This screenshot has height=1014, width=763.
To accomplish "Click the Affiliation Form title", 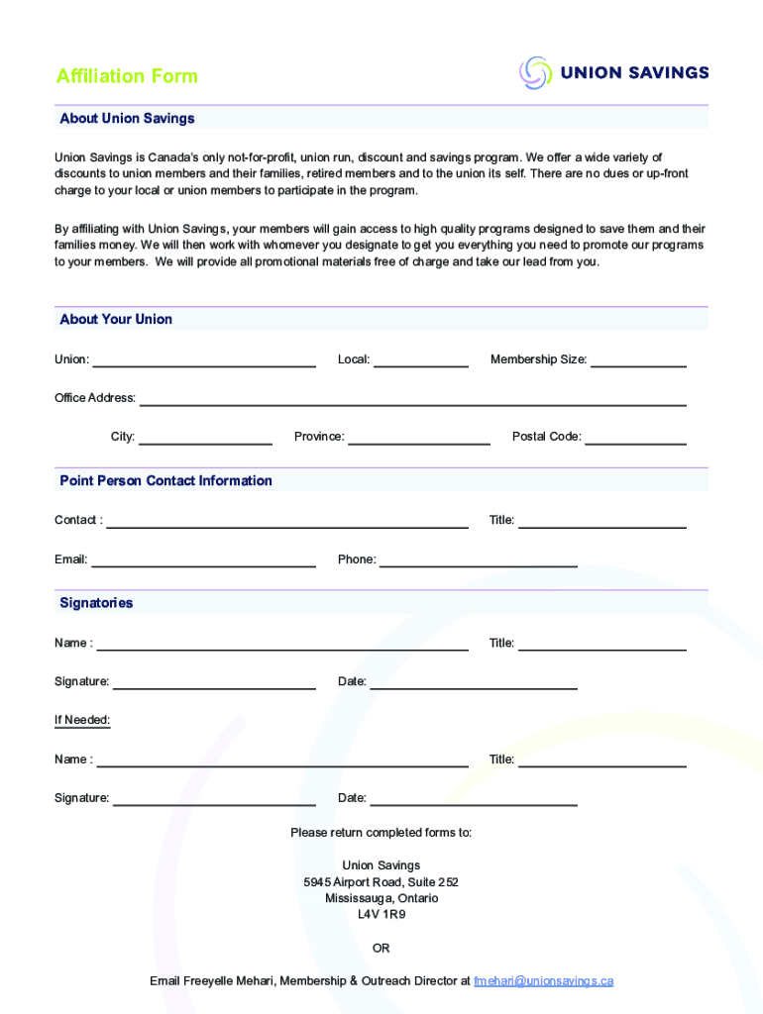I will [127, 76].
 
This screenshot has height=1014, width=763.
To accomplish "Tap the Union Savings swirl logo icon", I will [535, 72].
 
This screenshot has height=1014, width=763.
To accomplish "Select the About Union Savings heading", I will [127, 119].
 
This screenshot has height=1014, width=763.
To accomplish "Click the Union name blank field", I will [203, 360].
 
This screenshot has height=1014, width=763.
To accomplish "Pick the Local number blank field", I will [420, 360].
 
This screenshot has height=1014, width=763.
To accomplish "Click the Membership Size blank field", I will [638, 360].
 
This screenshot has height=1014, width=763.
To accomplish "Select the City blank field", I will [205, 438].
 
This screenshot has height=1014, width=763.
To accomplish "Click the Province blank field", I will [419, 438].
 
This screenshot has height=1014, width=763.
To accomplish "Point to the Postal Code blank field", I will [635, 438].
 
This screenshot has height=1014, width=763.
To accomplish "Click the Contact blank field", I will [287, 521].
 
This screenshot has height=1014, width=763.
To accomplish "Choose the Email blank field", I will [203, 560].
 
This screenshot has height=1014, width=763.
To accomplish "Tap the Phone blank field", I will [479, 560].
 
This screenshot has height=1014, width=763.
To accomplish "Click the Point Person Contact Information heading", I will [165, 481].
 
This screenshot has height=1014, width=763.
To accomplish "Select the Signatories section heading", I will [96, 603].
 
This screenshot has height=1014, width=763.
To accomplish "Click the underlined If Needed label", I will [82, 720].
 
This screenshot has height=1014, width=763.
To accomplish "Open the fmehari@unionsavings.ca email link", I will [543, 981].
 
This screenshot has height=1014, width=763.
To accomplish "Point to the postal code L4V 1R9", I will [381, 915].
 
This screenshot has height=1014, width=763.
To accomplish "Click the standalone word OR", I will [381, 949].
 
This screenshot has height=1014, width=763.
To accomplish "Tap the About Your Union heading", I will [116, 320].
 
